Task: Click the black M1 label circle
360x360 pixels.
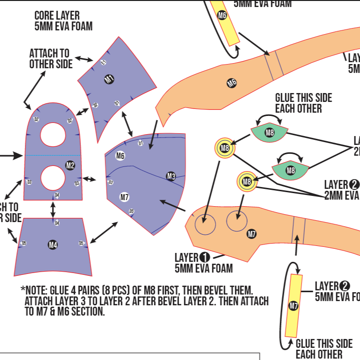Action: coord(109,79)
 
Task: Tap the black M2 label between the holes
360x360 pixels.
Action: coord(70,165)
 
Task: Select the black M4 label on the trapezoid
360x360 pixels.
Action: coord(53,245)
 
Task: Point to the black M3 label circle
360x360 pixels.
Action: coord(171,176)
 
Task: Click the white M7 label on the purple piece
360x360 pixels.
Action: coord(124,197)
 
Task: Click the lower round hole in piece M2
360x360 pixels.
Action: coord(53,178)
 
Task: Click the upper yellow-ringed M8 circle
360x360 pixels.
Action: coord(225,149)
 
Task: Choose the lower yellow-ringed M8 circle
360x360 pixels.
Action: coord(247,181)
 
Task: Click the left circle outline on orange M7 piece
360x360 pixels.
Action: coord(205,224)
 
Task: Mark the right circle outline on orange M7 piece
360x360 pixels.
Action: coord(237,221)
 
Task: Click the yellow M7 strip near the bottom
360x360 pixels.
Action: coord(293,306)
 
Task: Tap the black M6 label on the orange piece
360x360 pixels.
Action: coord(231,83)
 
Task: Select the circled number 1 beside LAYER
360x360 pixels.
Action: coord(204,257)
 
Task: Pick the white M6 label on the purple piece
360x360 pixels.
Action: coord(120,156)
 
